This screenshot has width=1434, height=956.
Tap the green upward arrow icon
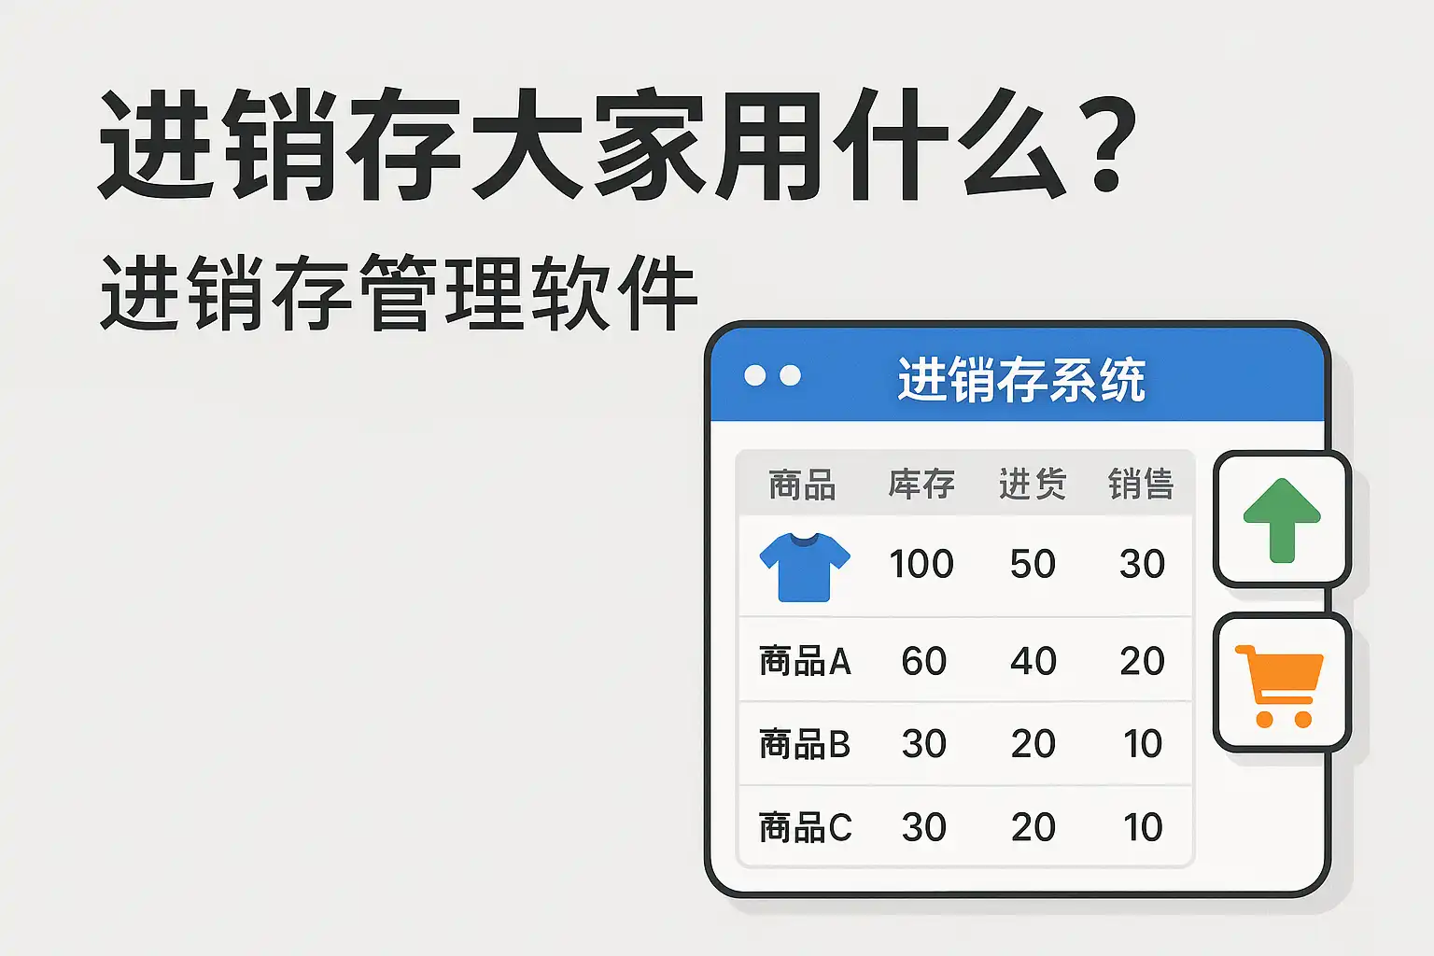pos(1282,520)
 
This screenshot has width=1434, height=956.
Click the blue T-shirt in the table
pos(805,568)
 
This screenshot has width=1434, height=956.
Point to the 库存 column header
pos(921,484)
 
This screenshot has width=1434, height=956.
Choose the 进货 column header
pos(1033,484)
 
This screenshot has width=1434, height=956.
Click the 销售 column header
pos(1142,484)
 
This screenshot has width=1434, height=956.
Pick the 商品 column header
pos(802,485)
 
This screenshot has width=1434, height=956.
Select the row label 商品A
pos(805,661)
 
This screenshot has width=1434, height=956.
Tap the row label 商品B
pos(805,744)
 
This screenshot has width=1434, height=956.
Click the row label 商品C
pos(806,827)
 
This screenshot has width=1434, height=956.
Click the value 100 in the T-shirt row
pos(921,564)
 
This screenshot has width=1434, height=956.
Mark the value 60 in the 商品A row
pos(923,661)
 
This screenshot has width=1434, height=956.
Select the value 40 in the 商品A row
pos(1033,661)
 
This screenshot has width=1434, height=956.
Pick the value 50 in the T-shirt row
pos(1033,564)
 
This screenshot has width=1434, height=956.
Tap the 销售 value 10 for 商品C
pos(1143,827)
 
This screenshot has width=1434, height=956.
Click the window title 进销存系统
pos(1021,380)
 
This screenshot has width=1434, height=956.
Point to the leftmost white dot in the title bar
pos(754,375)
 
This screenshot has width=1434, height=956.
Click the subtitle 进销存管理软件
pos(399,292)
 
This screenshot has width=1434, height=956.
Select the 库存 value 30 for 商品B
pos(923,744)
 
